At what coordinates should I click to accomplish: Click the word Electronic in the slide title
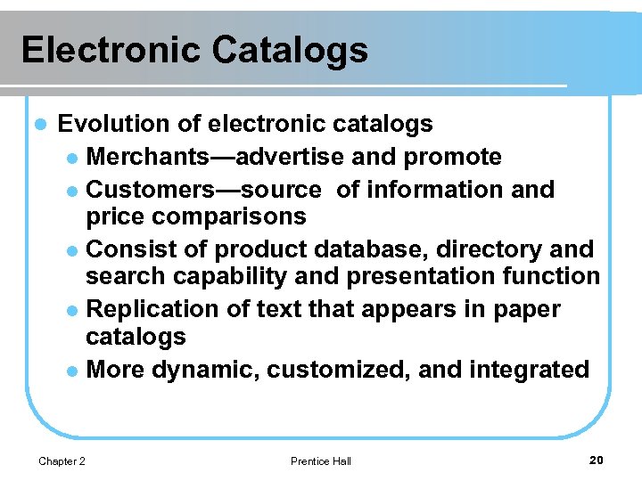(x=110, y=50)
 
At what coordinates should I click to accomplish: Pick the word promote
(x=452, y=158)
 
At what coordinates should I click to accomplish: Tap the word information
(x=440, y=190)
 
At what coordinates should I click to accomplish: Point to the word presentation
(x=422, y=277)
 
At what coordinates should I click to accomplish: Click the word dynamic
(x=205, y=370)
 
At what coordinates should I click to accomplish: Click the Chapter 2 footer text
(x=62, y=461)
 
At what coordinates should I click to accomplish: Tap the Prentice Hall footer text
(x=321, y=461)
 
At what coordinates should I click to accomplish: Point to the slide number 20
(x=597, y=460)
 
